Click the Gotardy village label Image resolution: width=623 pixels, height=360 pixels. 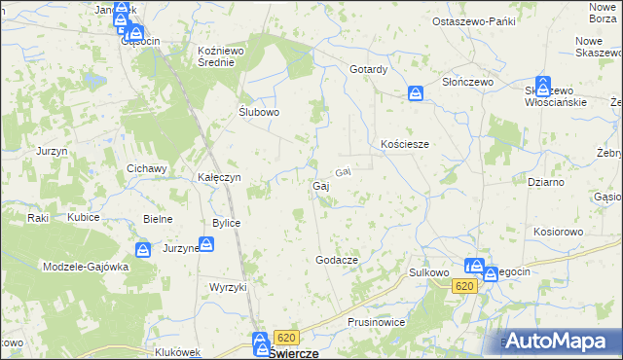tap(369, 70)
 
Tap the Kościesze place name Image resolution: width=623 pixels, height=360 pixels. tap(405, 144)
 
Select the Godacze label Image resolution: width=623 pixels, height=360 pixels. tap(338, 261)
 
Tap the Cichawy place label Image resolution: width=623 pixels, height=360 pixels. tap(148, 168)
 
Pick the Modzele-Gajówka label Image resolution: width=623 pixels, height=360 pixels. tap(86, 267)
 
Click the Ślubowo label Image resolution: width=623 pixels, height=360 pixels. tap(260, 112)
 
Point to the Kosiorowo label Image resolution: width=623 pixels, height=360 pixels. tap(558, 233)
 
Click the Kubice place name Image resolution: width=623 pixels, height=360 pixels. tap(84, 217)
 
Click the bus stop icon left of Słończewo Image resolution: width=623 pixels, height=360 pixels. tap(416, 93)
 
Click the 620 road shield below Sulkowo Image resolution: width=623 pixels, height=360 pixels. tap(463, 285)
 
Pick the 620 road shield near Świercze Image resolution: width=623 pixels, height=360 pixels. tap(284, 338)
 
